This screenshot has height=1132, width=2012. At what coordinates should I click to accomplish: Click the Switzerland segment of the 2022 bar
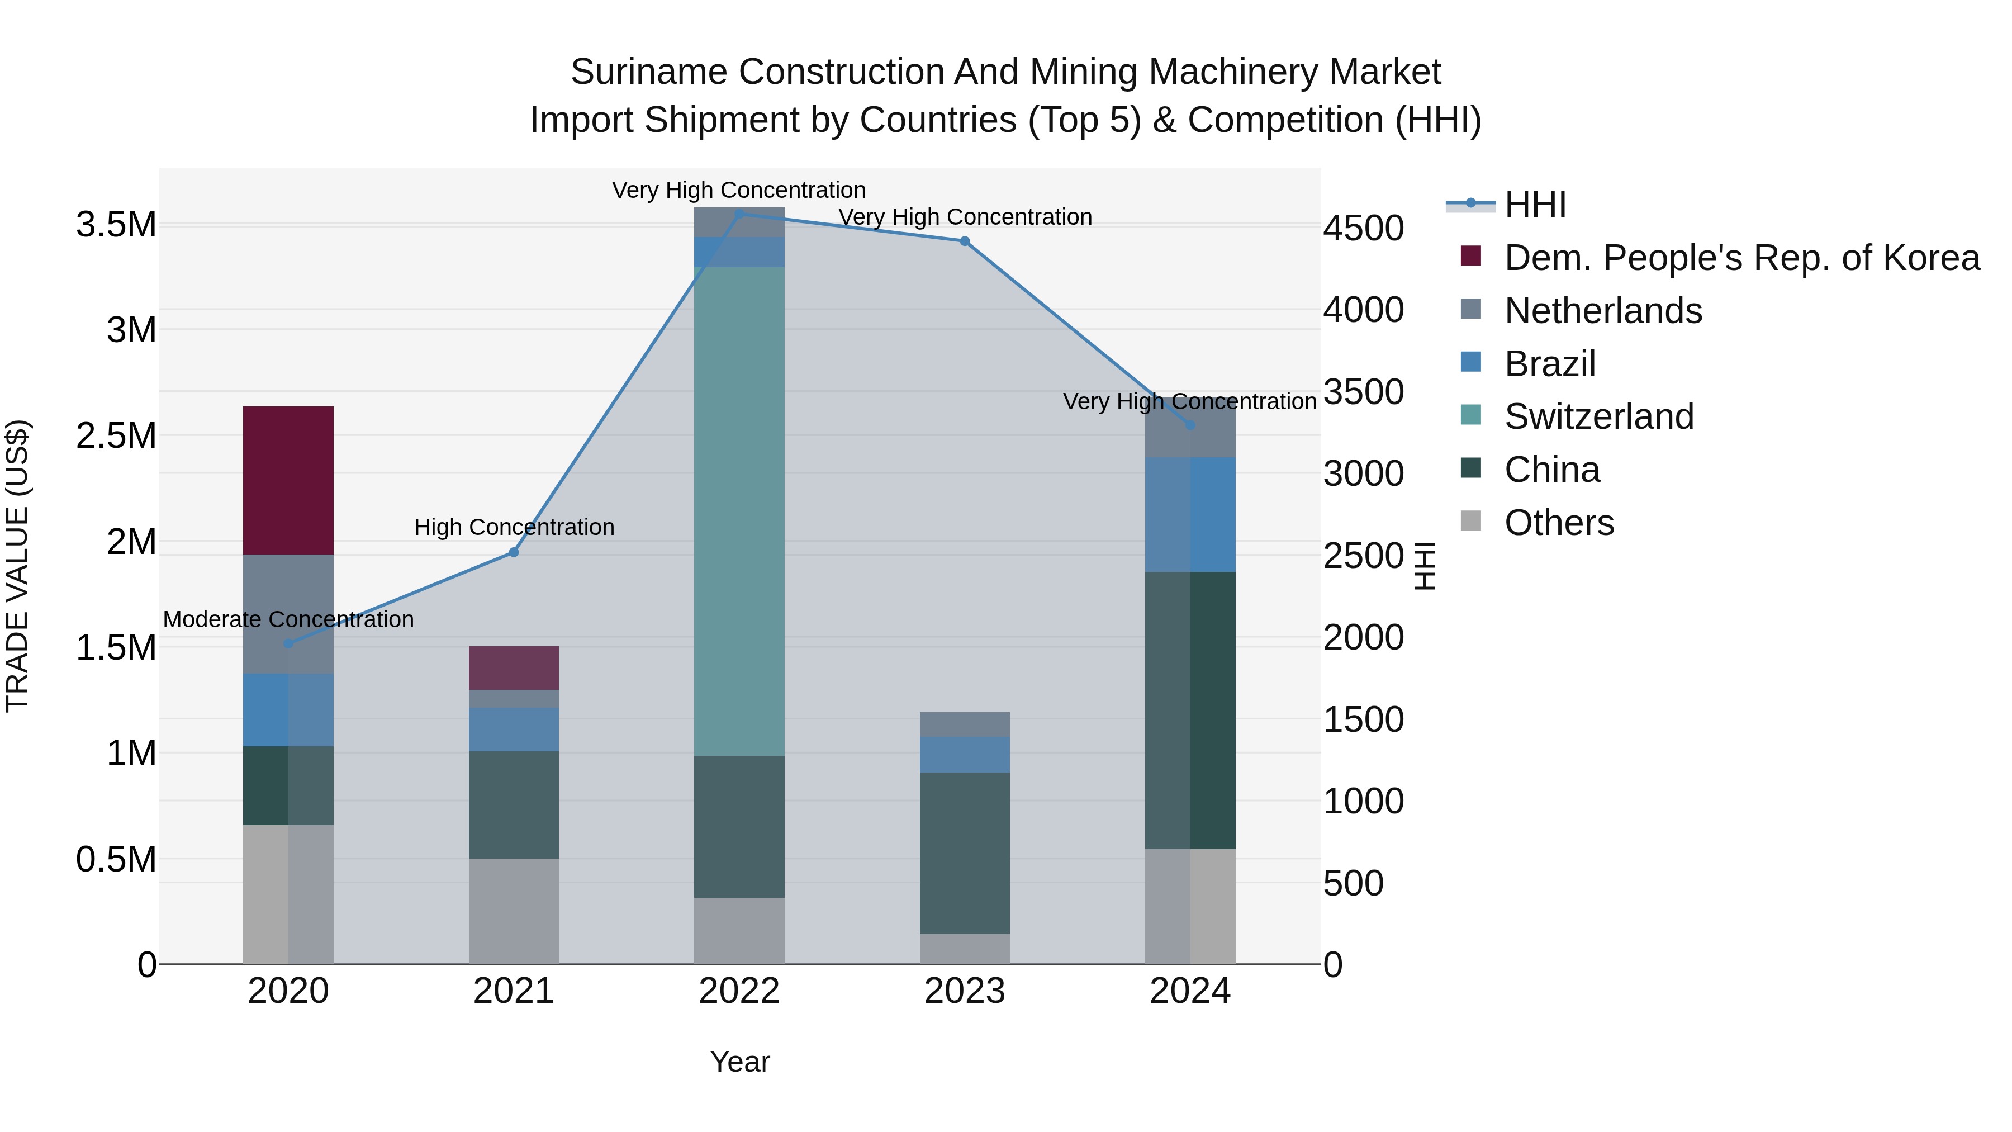[x=739, y=511]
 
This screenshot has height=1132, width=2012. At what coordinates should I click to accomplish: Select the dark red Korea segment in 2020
[x=288, y=480]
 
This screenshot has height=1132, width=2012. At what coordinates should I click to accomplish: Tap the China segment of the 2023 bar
[x=965, y=852]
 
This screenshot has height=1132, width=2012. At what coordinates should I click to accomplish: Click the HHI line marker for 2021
[x=514, y=552]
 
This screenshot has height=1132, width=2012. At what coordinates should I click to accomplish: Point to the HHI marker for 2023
[x=965, y=241]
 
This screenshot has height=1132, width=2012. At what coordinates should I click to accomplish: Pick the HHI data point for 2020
[x=288, y=644]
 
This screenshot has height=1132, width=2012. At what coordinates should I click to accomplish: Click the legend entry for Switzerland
[x=1598, y=416]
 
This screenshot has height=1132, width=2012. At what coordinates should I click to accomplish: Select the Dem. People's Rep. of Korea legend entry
[x=1741, y=258]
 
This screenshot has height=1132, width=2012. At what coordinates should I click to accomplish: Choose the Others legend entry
[x=1558, y=523]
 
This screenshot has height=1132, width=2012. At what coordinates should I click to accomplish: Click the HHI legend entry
[x=1534, y=205]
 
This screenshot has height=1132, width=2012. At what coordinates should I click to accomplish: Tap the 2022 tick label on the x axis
[x=739, y=991]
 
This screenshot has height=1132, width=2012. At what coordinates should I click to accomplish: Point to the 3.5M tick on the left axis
[x=116, y=225]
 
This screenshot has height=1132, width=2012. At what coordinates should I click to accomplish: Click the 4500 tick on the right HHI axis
[x=1364, y=229]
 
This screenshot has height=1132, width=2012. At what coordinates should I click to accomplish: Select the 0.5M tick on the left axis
[x=116, y=859]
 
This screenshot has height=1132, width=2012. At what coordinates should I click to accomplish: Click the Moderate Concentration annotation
[x=288, y=619]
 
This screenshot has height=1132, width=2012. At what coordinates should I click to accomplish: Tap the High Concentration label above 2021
[x=514, y=527]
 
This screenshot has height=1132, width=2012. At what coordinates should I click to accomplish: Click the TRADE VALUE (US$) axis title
[x=17, y=566]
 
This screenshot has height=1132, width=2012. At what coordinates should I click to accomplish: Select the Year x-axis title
[x=739, y=1062]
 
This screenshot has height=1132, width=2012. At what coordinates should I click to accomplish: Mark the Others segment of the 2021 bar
[x=514, y=911]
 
